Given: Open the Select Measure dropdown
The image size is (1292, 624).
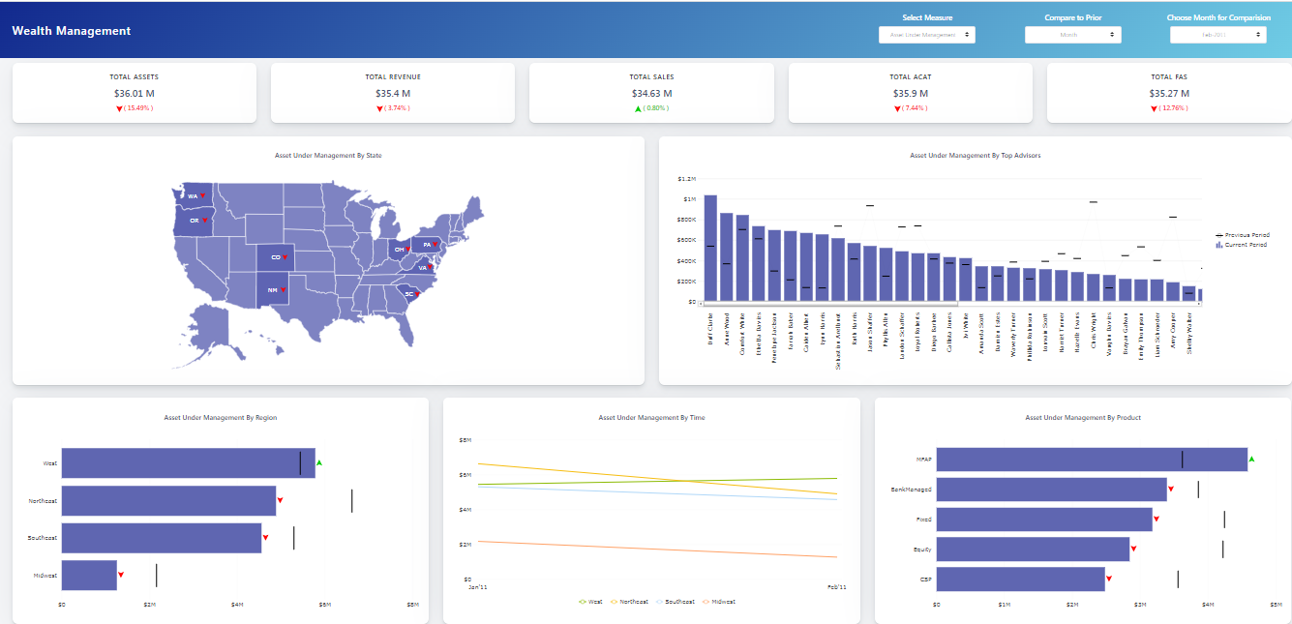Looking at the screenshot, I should [x=926, y=35].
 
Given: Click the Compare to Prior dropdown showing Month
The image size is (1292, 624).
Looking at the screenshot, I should [x=1072, y=35].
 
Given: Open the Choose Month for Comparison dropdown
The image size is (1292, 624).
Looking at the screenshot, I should [x=1217, y=35].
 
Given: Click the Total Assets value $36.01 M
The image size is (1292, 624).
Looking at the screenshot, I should [x=135, y=94].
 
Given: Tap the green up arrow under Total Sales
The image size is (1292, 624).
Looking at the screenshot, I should [x=638, y=108].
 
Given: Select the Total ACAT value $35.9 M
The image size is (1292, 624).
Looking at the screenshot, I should [x=910, y=94].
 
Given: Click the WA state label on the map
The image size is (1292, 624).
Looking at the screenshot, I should [x=193, y=196].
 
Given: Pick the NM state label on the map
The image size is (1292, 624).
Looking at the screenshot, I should [x=272, y=290].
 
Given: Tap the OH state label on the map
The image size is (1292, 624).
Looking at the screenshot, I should [x=399, y=250].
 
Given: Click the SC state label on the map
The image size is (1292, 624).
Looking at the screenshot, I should [x=408, y=293].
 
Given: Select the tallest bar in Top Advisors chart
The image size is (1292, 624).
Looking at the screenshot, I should [x=710, y=249].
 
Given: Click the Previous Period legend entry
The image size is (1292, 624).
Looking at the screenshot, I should [x=1247, y=235].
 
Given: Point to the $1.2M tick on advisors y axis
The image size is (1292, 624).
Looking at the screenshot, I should [x=686, y=179].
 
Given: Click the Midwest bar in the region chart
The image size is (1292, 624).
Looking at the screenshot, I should [x=89, y=575].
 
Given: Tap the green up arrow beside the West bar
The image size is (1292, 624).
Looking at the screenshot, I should [x=319, y=463].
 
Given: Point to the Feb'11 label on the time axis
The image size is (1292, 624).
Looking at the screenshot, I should [x=836, y=587].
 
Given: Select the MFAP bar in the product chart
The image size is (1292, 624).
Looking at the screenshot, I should [x=1091, y=460].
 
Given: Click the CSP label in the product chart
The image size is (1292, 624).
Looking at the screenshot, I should [x=925, y=579].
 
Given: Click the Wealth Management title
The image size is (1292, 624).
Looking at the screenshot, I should [x=72, y=31].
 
